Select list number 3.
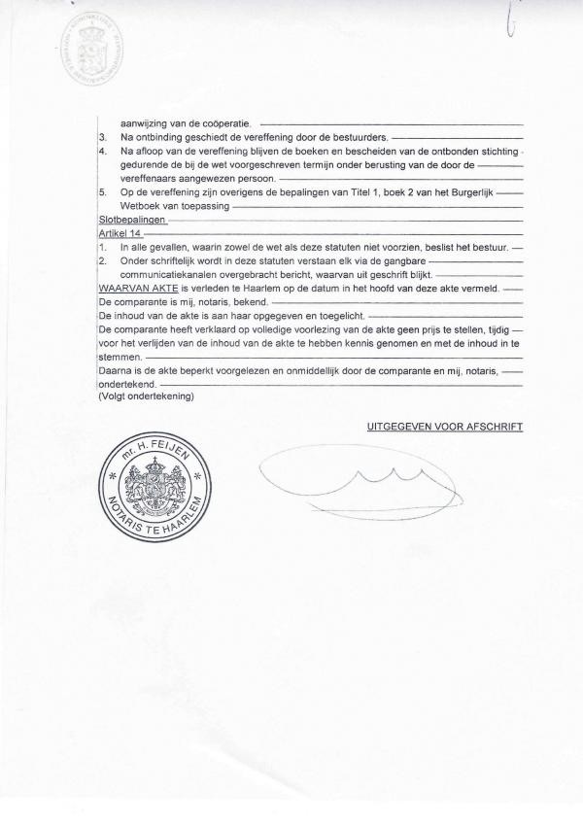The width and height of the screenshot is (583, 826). pyautogui.click(x=102, y=138)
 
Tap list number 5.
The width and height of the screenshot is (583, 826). pyautogui.click(x=102, y=193)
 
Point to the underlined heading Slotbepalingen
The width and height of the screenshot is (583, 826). pyautogui.click(x=132, y=221)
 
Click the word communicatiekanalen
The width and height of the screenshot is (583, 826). pyautogui.click(x=168, y=275)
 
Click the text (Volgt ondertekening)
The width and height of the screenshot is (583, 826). pyautogui.click(x=146, y=397)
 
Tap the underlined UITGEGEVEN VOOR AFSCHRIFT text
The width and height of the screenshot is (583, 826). pyautogui.click(x=445, y=427)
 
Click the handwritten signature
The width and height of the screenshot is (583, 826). pyautogui.click(x=360, y=479)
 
